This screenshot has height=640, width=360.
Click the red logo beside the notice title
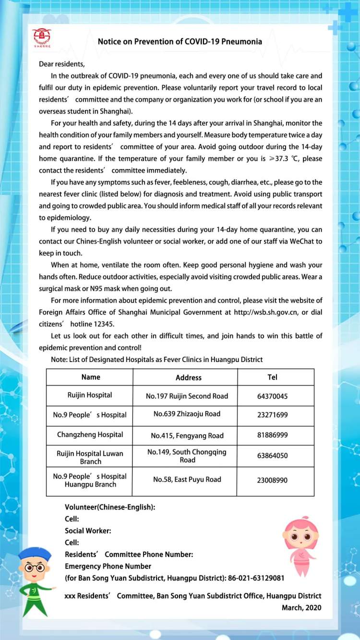click(x=42, y=37)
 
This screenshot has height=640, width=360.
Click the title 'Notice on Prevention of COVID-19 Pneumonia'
click(x=180, y=41)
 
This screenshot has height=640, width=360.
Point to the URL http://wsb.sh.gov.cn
click(x=266, y=312)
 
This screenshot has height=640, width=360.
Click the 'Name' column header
click(x=91, y=377)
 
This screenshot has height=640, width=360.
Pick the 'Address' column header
click(x=188, y=377)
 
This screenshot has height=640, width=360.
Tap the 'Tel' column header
click(x=272, y=377)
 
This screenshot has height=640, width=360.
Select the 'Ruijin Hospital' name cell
click(x=90, y=395)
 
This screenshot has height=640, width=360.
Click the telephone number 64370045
click(x=272, y=397)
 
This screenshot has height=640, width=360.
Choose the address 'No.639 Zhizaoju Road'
click(x=187, y=414)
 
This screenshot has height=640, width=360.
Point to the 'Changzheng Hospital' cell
click(x=90, y=435)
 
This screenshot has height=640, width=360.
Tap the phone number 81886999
click(x=272, y=436)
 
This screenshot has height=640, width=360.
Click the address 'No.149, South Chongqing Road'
click(x=187, y=456)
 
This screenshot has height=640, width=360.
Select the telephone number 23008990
click(x=272, y=480)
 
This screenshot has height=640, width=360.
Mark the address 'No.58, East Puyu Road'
click(x=187, y=479)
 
